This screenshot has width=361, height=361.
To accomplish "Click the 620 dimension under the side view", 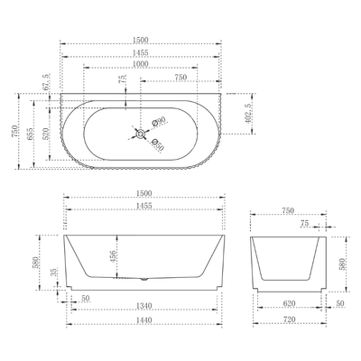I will pyautogui.click(x=288, y=305).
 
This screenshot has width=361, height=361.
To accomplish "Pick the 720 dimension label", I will pyautogui.click(x=288, y=319).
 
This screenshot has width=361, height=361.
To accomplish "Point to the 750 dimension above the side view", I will pyautogui.click(x=288, y=209).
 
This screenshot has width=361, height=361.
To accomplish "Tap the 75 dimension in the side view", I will pyautogui.click(x=304, y=222).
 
